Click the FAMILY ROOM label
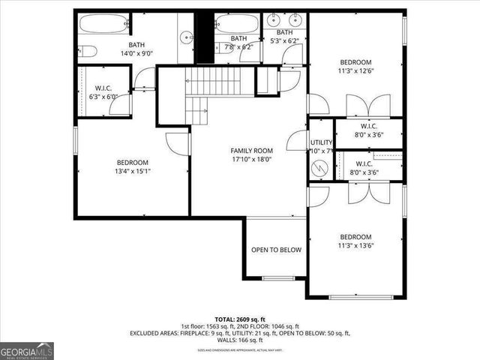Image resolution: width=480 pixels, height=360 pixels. click(x=250, y=151)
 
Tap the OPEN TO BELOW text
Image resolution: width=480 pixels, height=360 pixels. click(x=276, y=250)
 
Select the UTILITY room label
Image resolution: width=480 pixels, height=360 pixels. click(x=322, y=142)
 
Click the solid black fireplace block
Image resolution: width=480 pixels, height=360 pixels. click(x=204, y=37)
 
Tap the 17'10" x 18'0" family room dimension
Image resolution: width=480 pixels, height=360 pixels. click(x=250, y=159)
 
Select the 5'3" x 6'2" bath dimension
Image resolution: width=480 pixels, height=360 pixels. click(x=285, y=41)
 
